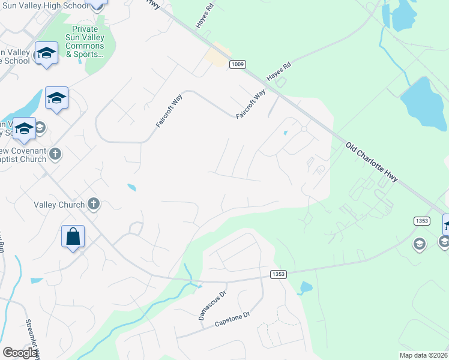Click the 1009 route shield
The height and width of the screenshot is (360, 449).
(x=237, y=64)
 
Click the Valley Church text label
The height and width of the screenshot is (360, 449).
(x=59, y=205)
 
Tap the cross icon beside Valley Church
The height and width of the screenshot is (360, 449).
(x=93, y=204)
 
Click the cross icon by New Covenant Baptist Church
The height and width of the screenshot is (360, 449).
(x=55, y=154)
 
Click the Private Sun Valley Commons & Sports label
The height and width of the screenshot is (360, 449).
(x=85, y=41)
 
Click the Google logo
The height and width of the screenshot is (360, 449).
(x=20, y=353)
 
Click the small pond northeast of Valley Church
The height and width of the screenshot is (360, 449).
(x=131, y=187)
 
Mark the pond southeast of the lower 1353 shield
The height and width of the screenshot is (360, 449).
(x=305, y=288)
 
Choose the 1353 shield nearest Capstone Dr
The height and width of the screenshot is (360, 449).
(x=278, y=274)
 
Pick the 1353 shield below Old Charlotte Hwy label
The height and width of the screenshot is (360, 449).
(x=421, y=221)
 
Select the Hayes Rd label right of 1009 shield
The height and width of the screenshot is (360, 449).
(x=279, y=71)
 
